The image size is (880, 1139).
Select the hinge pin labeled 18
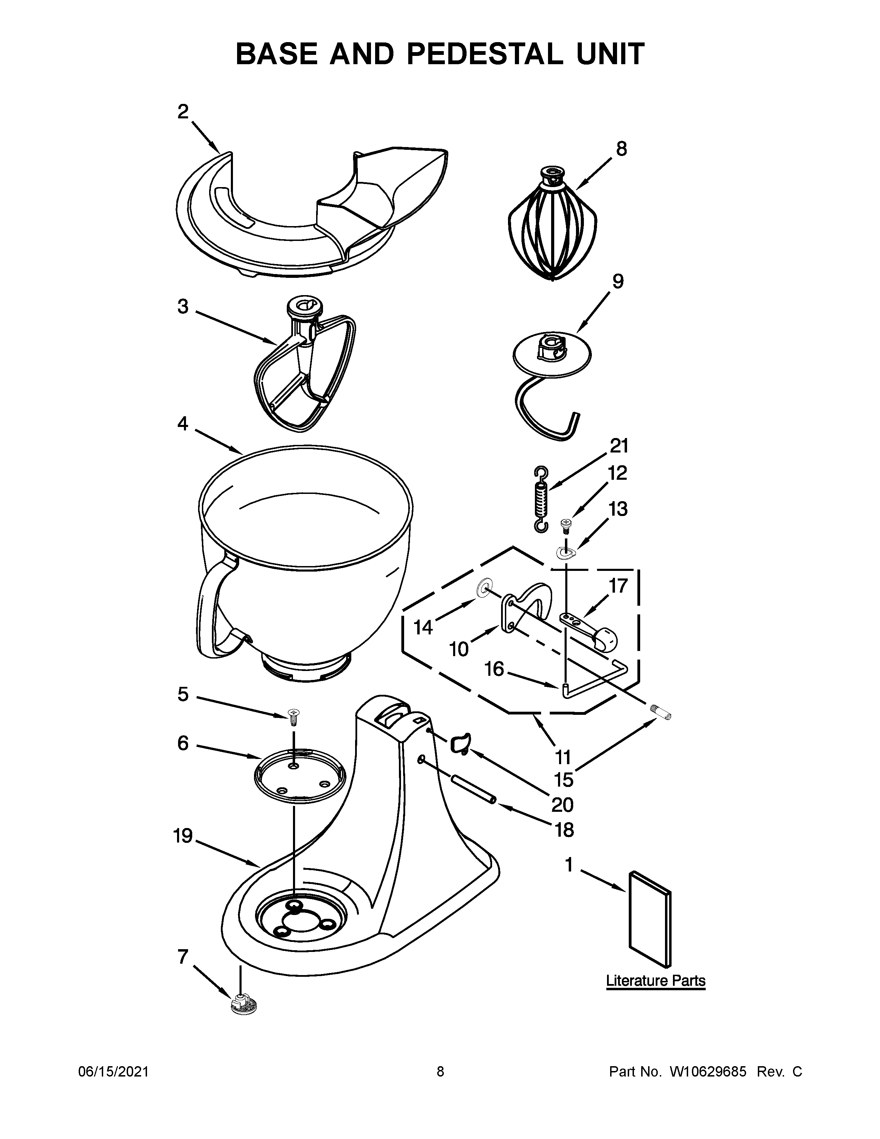click(471, 790)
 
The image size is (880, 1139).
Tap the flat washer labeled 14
click(483, 588)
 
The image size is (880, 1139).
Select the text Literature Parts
click(655, 981)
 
